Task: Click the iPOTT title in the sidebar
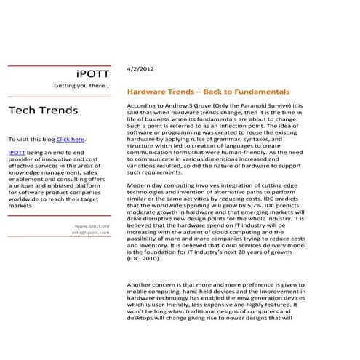point(93,74)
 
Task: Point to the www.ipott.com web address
point(92,225)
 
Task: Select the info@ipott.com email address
point(91,233)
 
